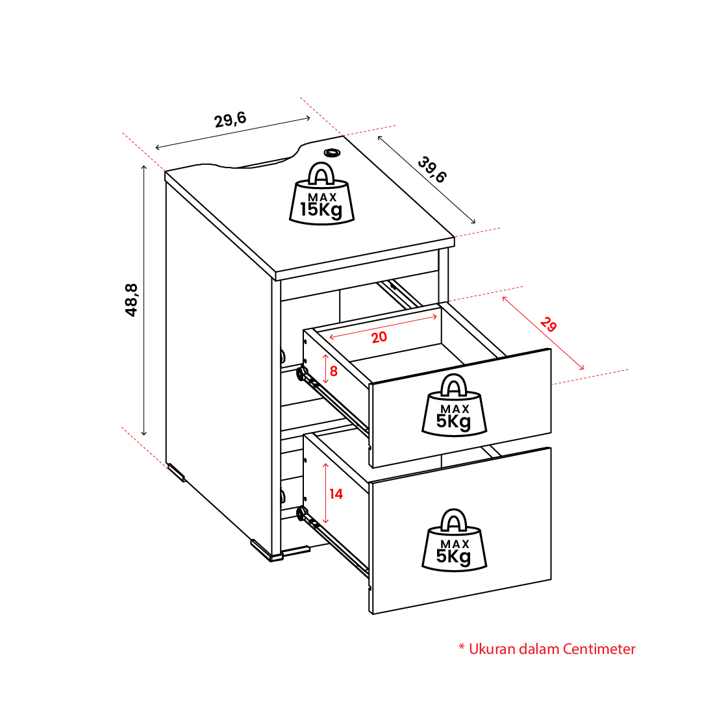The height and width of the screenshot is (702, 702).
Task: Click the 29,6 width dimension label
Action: [230, 119]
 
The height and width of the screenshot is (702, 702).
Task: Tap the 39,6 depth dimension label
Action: [432, 169]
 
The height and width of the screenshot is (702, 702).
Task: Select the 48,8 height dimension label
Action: [131, 300]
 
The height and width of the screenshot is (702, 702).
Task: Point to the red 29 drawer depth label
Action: [549, 324]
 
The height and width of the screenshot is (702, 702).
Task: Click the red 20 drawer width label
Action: [379, 337]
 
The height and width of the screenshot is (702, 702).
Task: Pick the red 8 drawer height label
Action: [334, 371]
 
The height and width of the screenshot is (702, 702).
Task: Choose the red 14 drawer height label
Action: [336, 494]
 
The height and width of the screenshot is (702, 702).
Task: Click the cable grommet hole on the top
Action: [332, 153]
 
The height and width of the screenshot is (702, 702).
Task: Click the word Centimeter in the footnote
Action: [599, 649]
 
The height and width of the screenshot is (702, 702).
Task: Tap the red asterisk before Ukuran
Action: [462, 647]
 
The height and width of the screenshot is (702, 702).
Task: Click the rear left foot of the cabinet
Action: [176, 472]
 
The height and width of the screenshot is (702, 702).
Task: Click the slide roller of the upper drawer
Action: [302, 374]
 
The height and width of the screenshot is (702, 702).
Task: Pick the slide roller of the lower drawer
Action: [302, 513]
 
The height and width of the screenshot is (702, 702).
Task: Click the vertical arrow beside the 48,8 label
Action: [144, 300]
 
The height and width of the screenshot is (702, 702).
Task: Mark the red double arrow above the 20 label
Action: [382, 327]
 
